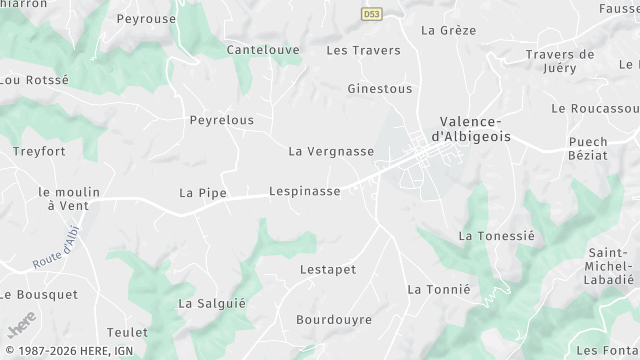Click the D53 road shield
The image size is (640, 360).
(x=371, y=14)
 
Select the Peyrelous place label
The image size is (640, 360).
(x=222, y=120)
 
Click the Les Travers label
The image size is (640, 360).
(x=363, y=50)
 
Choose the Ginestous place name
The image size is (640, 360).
(x=379, y=89)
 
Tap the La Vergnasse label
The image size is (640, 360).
(x=331, y=152)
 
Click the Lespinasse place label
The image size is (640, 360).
(x=305, y=191)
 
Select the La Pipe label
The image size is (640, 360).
(x=203, y=192)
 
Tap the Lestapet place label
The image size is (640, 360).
(x=328, y=270)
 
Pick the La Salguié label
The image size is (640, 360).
(x=212, y=303)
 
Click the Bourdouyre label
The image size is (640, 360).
(x=334, y=320)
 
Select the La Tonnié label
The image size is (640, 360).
(x=438, y=289)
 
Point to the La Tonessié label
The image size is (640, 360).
(x=497, y=236)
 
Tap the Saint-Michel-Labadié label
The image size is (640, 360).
(x=609, y=266)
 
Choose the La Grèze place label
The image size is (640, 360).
(x=449, y=30)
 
